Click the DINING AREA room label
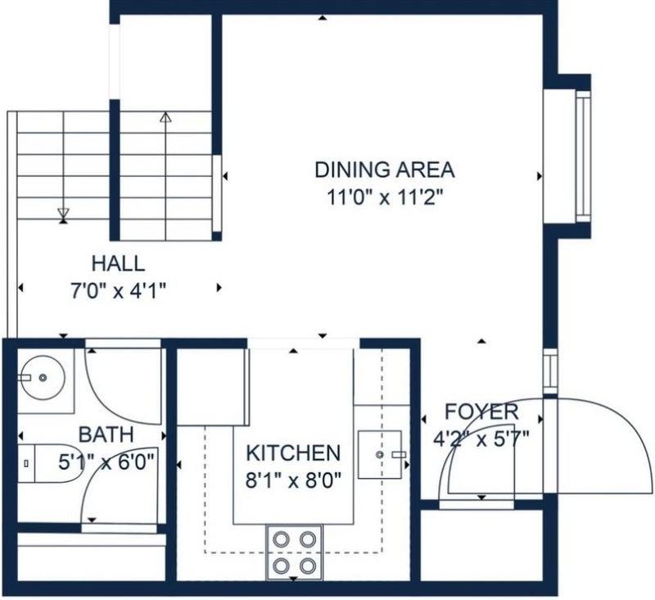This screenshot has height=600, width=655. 384,170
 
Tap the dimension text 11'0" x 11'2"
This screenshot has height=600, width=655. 384,197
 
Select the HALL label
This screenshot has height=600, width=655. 118,264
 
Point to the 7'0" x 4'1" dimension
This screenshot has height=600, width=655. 118,291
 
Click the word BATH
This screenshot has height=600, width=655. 106,434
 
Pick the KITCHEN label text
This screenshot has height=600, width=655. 293,453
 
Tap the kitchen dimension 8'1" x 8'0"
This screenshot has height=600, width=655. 293,480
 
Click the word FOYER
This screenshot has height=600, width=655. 481,411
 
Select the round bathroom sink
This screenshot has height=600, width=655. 43,378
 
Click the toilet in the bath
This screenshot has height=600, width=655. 45,463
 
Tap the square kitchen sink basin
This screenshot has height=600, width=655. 380,454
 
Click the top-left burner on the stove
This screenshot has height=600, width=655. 281,539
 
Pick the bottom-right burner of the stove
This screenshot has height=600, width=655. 308,566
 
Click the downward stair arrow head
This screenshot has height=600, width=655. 63,212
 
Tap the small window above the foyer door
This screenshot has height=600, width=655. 550,370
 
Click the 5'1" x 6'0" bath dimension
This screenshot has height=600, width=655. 106,462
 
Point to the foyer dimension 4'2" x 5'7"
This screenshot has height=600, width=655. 481,439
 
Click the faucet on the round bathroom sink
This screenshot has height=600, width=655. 25,378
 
